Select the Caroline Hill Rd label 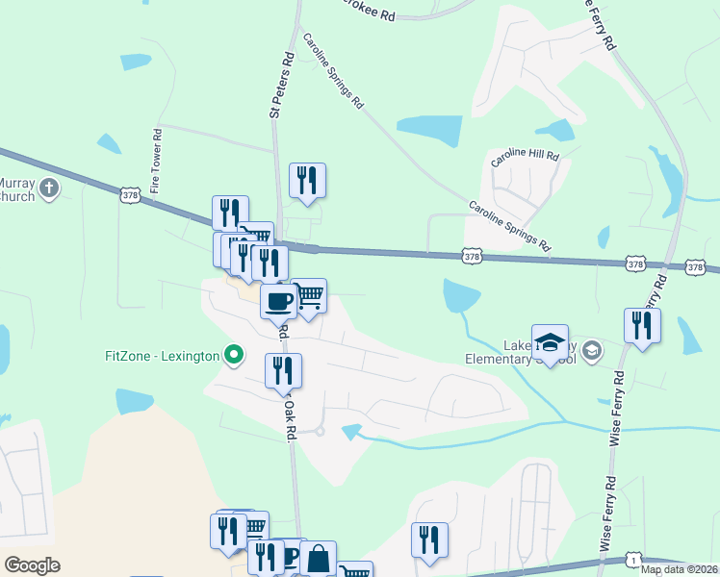click(525, 160)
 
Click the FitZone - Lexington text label click(162, 356)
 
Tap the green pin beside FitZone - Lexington click(233, 355)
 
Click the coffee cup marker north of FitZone click(278, 301)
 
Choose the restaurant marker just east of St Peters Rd click(307, 180)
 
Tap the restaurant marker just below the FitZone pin click(283, 370)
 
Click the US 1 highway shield click(633, 558)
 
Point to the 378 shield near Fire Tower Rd click(130, 195)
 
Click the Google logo click(32, 565)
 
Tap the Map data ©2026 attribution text click(679, 569)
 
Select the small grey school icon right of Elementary click(591, 350)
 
